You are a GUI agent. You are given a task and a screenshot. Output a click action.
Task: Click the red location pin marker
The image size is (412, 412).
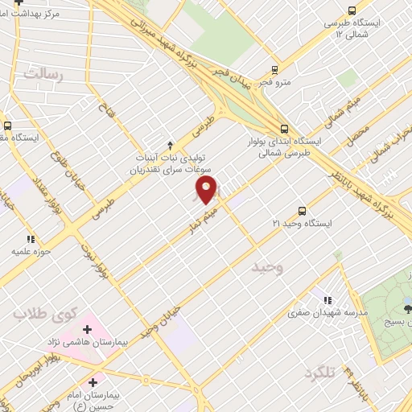click(x=207, y=190)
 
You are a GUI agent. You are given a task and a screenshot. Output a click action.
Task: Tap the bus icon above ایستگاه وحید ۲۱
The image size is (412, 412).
click(x=303, y=209)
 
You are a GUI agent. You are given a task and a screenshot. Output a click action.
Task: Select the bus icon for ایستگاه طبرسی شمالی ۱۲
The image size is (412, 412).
click(x=351, y=10)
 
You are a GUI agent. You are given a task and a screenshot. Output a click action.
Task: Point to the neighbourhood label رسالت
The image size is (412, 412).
click(x=43, y=75)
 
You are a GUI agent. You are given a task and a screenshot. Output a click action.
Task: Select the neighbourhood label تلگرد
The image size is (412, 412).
click(x=319, y=373)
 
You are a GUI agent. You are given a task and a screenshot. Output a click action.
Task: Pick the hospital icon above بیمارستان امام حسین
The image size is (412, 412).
click(x=93, y=383)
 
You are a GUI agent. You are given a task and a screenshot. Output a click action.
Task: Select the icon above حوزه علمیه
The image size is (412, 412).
click(x=31, y=239)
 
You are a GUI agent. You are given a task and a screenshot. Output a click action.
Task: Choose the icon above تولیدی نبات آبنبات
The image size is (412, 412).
click(x=170, y=145)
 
